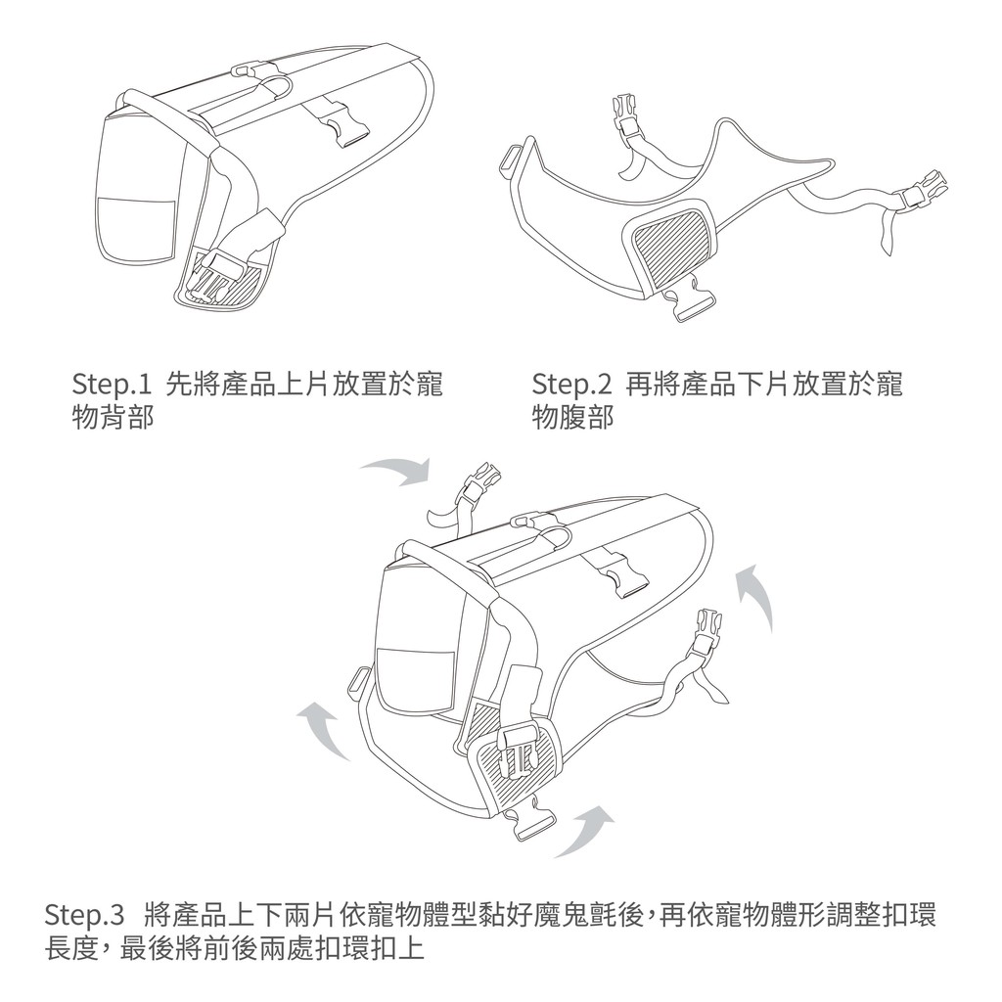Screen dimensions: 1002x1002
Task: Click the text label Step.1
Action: (112, 385)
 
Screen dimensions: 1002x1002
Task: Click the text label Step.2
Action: (571, 385)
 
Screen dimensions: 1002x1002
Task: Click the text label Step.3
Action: (84, 915)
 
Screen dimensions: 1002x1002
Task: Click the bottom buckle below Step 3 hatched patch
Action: (527, 820)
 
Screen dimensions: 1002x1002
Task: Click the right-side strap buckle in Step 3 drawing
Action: (707, 633)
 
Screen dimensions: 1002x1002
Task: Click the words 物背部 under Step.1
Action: (114, 417)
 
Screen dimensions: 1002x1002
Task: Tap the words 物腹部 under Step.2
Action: (573, 417)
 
